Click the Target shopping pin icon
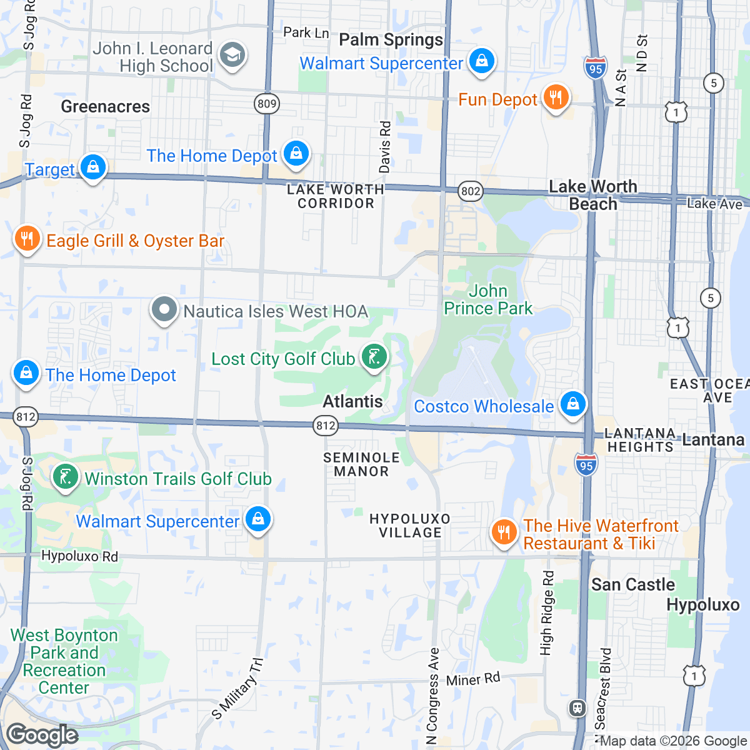tap(93, 167)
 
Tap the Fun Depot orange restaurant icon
tap(555, 97)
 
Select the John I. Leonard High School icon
tap(232, 55)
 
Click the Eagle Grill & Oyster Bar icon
tap(27, 239)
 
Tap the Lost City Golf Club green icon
tap(374, 357)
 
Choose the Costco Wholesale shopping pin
tap(572, 404)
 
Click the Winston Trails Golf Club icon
tap(65, 477)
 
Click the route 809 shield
tap(267, 104)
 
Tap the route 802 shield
tap(470, 191)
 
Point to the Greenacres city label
tap(105, 107)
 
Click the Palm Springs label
tap(391, 40)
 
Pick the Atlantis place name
tap(352, 401)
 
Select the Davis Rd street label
tap(384, 147)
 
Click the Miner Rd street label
tap(473, 679)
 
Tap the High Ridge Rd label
tap(547, 613)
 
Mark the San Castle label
tap(633, 585)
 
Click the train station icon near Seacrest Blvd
tap(576, 707)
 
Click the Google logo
tap(42, 735)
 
